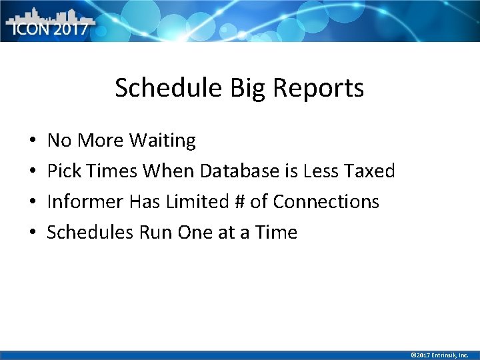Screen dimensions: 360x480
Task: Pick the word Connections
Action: pos(326,202)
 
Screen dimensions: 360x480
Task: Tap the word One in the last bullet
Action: pos(198,233)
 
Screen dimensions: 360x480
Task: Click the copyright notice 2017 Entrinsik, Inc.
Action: pos(440,355)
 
